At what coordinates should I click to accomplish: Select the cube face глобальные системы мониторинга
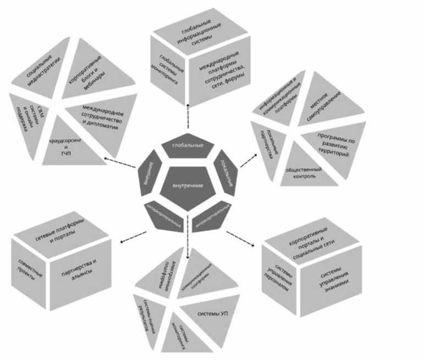(x=169, y=72)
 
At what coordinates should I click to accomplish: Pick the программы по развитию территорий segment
(x=333, y=144)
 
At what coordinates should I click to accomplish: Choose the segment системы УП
(x=208, y=314)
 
